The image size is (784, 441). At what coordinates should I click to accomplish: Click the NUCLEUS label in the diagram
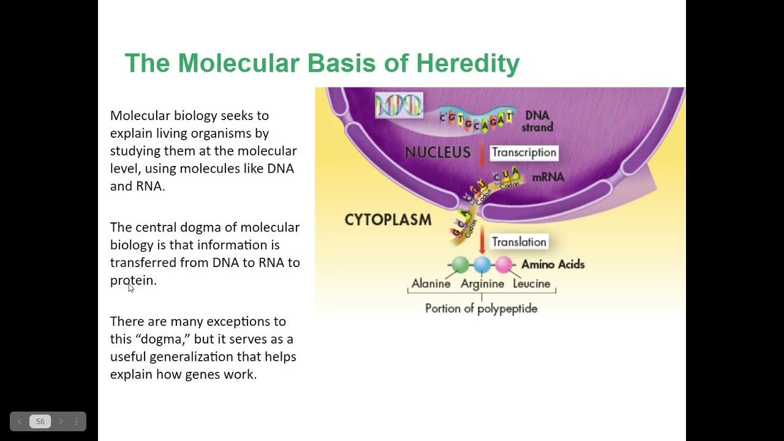tap(437, 153)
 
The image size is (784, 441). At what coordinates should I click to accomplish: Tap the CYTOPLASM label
tap(388, 220)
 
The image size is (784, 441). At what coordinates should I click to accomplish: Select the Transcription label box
tap(524, 153)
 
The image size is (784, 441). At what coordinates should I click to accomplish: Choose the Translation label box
tap(519, 242)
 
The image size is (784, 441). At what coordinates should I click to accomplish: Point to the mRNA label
tap(548, 178)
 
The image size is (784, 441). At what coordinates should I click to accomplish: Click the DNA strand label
tap(538, 121)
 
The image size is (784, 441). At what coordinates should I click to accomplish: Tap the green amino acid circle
tap(461, 265)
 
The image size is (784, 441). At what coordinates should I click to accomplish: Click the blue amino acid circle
tap(482, 265)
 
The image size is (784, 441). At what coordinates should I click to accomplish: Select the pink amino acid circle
tap(503, 265)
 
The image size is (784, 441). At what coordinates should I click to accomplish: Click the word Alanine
tap(431, 284)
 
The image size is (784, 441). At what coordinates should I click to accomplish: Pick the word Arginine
tap(482, 284)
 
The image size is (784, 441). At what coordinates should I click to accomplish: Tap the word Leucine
tap(532, 284)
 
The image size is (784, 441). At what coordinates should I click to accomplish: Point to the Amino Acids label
tap(552, 265)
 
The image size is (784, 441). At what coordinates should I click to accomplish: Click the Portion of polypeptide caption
tap(481, 308)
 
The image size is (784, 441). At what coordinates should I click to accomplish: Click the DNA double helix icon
tap(399, 105)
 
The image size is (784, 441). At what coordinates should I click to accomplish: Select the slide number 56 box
tap(40, 421)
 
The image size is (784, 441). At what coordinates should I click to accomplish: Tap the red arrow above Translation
tap(482, 239)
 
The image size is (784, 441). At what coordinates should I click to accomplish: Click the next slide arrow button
tap(61, 421)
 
